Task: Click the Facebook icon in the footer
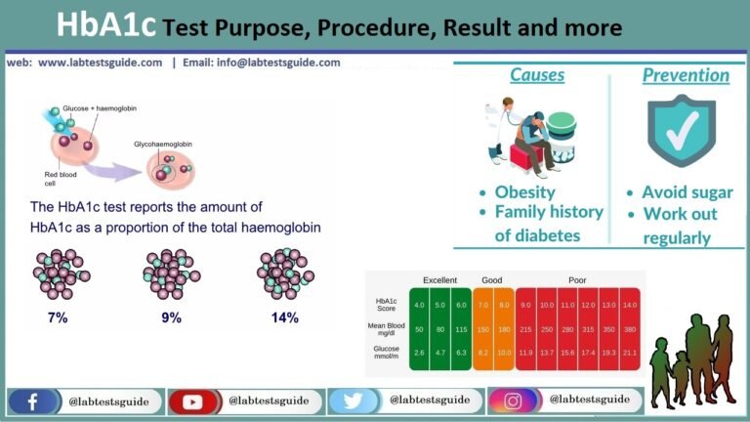32,401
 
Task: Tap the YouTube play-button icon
193,401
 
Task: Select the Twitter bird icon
354,401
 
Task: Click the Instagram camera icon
514,401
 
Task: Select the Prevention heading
685,75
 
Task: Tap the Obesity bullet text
524,191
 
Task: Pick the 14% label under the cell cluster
284,317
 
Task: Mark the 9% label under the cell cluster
172,317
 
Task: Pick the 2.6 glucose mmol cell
418,353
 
